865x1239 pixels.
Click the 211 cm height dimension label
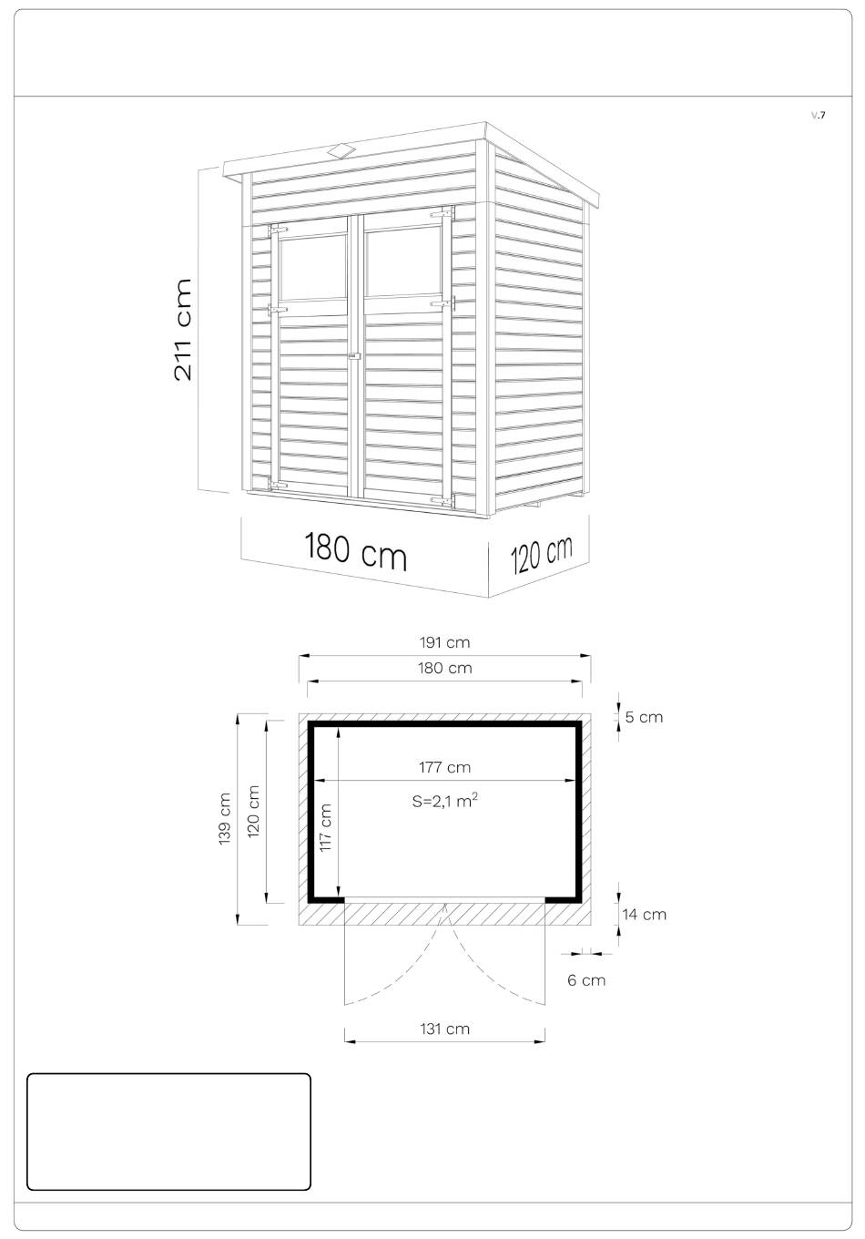pos(182,330)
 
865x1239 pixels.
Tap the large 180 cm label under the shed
pos(355,551)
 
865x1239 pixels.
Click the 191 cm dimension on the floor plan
pos(444,643)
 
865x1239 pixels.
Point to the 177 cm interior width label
pos(444,768)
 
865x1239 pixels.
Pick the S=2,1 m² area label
pos(444,801)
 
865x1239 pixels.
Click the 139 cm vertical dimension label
pos(224,819)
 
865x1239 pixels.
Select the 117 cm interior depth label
pos(325,827)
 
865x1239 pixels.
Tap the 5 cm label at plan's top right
pos(644,717)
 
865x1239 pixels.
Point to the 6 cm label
pos(586,980)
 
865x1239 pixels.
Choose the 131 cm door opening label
pos(444,1029)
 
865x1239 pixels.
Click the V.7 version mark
pos(818,115)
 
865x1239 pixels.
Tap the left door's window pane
pos(313,268)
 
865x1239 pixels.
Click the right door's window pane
pos(403,261)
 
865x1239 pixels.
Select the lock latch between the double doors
pos(353,358)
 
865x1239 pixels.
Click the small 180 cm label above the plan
pos(444,668)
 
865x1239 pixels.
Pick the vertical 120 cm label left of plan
pos(253,812)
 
